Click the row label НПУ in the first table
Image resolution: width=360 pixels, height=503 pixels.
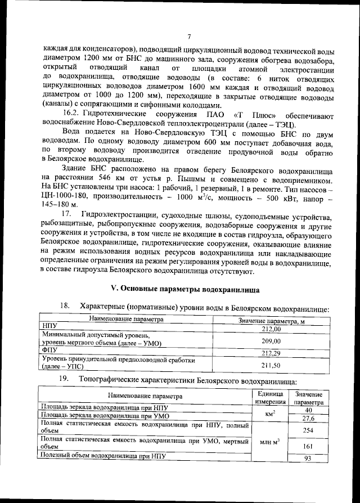(x=51, y=326)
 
